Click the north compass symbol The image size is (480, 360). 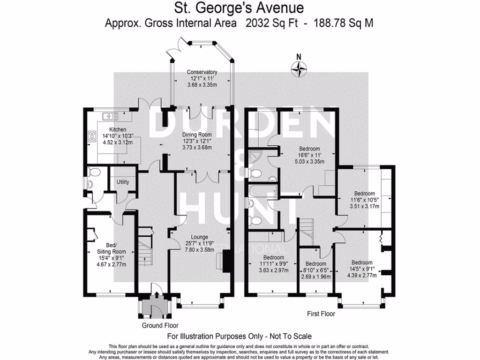(299, 69)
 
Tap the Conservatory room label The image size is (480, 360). (202, 72)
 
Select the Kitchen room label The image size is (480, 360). (118, 129)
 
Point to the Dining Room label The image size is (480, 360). (197, 134)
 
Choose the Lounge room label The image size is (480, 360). (199, 237)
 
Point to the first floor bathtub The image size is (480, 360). (261, 192)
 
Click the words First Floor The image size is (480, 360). (321, 314)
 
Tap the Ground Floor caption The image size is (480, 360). (160, 325)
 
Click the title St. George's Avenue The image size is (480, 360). (239, 8)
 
